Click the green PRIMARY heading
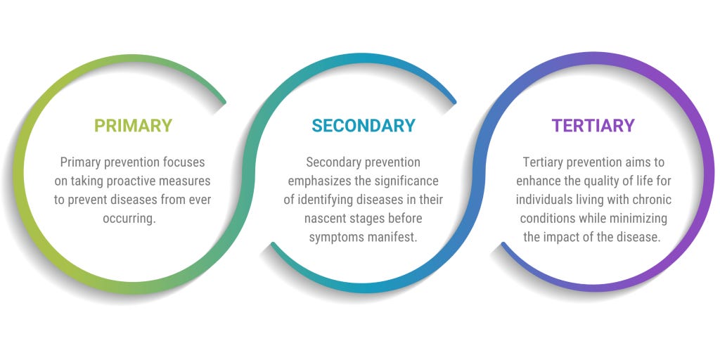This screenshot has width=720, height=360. (x=133, y=126)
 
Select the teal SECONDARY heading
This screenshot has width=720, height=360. (x=364, y=126)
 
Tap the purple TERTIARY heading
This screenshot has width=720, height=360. (x=593, y=126)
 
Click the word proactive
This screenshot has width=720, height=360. (x=134, y=181)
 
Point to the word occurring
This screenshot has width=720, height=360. (x=133, y=218)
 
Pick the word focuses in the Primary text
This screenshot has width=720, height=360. (x=186, y=162)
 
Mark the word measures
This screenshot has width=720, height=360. (x=186, y=181)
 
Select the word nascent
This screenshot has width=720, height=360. (x=326, y=218)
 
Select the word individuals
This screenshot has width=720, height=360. (x=545, y=200)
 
